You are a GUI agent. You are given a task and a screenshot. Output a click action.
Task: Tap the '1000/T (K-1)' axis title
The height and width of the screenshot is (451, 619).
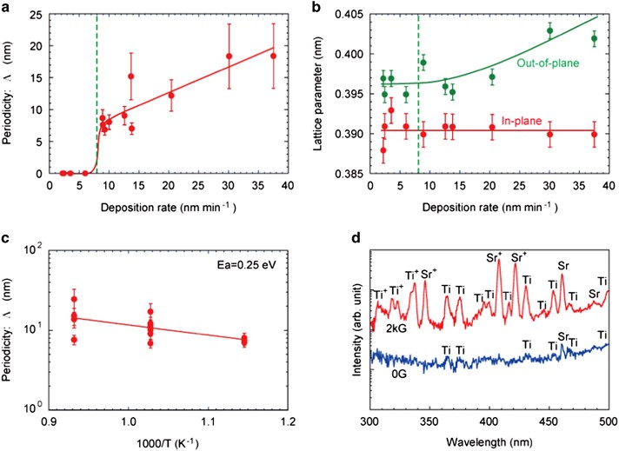pyautogui.click(x=166, y=441)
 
